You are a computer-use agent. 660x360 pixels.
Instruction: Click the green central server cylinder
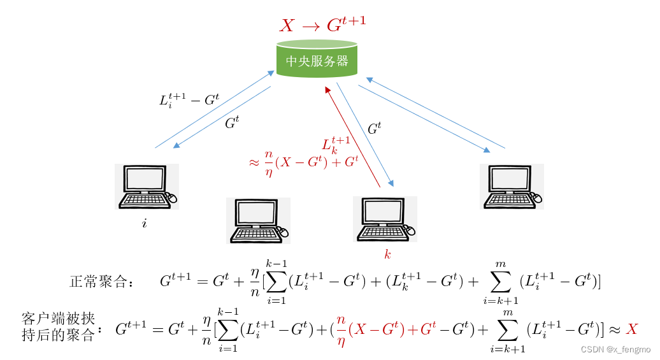317,59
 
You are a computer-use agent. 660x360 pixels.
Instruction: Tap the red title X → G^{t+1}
322,25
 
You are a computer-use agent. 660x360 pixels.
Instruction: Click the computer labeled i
146,187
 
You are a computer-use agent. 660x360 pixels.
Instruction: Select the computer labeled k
385,219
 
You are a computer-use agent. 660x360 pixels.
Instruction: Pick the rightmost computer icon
512,187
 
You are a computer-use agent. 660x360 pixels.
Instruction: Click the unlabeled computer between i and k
257,220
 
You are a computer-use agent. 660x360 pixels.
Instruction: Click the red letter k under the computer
387,255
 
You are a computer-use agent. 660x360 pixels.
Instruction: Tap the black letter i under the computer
144,224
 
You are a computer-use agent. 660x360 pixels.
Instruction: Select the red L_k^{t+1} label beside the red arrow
336,145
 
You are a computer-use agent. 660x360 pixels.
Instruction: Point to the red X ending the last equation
631,329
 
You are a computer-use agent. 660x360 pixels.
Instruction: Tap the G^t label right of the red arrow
375,128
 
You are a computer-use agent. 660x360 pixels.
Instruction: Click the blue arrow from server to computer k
365,134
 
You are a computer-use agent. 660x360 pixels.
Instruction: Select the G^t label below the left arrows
232,123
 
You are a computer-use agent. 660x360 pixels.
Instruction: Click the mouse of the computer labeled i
172,198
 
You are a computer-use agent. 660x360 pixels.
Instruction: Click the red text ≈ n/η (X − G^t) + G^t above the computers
303,162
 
